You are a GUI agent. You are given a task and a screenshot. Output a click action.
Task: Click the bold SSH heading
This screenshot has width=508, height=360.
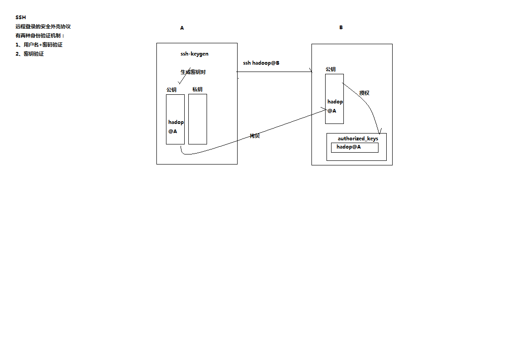pos(21,17)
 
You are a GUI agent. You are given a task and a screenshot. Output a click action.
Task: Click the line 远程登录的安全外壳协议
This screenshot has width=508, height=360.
pos(43,26)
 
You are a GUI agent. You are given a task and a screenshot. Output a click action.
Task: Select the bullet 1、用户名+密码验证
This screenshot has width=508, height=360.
pos(39,45)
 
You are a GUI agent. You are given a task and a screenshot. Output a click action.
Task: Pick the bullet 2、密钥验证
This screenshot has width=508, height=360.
pos(30,54)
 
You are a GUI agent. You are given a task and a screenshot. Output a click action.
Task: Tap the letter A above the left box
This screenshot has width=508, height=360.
pos(182,28)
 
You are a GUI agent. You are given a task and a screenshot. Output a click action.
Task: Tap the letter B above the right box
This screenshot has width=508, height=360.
pos(341,27)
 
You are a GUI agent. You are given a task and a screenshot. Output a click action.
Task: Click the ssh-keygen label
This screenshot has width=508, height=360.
pos(194,54)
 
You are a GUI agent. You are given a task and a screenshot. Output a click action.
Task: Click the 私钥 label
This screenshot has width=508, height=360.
pos(197,89)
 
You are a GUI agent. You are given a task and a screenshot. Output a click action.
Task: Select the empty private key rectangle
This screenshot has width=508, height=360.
pos(197,119)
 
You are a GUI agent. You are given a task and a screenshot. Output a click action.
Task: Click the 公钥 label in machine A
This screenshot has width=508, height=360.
pos(171,90)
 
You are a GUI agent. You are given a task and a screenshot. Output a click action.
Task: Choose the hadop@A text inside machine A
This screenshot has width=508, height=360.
pos(176,127)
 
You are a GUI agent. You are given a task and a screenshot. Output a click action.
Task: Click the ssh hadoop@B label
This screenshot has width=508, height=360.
pos(261,63)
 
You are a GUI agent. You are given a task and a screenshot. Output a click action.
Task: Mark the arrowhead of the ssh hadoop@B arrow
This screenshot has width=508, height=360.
pos(311,72)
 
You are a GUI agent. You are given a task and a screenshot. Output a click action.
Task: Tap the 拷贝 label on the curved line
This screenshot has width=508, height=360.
pos(254,136)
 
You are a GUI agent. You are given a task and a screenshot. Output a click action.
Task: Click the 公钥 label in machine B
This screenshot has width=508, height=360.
pos(331,69)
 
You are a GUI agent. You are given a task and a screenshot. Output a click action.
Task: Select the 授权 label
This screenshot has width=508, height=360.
pos(364,93)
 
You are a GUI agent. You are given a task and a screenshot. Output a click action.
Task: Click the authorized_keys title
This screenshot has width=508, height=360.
pos(358,139)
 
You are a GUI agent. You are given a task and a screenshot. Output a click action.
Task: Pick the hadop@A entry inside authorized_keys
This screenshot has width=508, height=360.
pos(349,147)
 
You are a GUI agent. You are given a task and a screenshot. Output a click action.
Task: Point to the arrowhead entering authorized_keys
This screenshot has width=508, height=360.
pos(378,132)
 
